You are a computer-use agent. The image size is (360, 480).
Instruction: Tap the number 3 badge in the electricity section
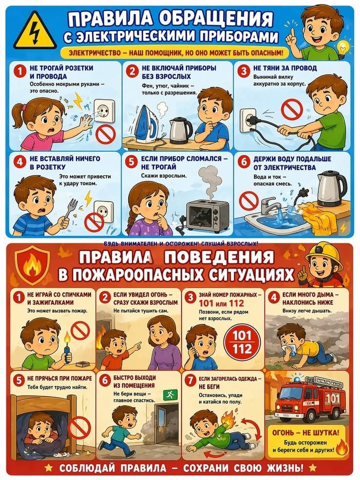[244, 71]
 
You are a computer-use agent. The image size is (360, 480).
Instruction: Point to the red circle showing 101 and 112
[242, 342]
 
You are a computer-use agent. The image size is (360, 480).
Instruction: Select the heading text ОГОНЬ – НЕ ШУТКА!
[306, 433]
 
